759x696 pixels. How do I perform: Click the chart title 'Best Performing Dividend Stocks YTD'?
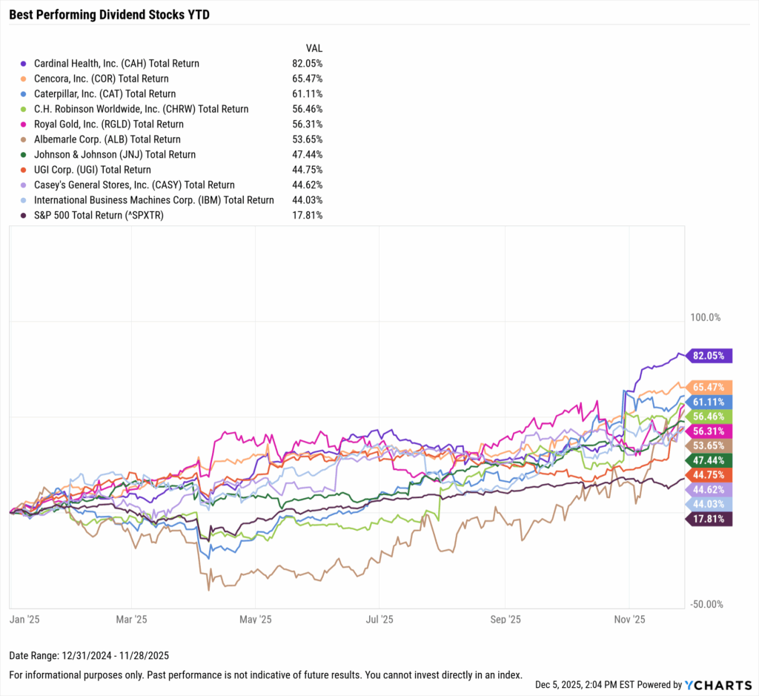click(109, 13)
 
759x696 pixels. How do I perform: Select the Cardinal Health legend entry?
click(116, 64)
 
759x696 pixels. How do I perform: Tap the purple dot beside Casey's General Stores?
click(24, 185)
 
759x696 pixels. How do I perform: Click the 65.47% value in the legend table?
click(307, 79)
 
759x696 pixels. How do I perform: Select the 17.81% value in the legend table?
click(307, 216)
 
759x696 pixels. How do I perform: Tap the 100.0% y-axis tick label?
click(705, 318)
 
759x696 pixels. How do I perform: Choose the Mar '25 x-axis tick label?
click(131, 617)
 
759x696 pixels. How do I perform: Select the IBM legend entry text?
click(153, 200)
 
